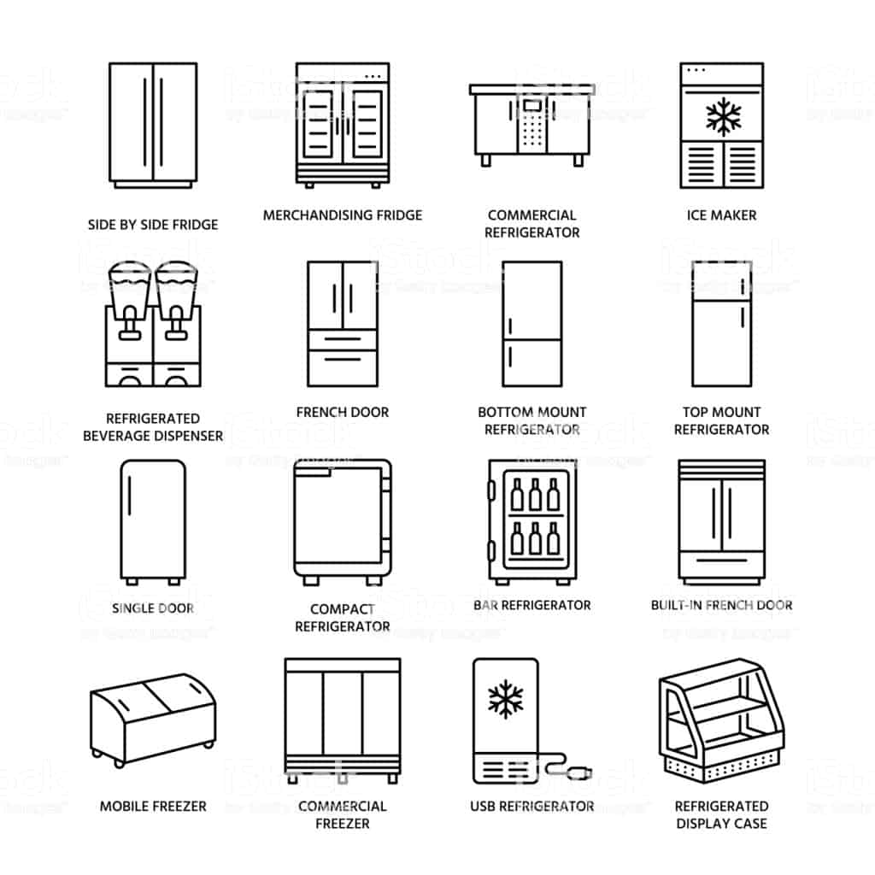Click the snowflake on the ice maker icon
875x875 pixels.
point(723,117)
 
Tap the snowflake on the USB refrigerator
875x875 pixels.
point(506,699)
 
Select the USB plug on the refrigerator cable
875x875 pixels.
point(580,772)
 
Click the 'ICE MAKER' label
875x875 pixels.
point(721,215)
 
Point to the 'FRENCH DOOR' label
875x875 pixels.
point(342,413)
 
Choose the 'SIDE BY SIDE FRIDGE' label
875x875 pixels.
point(153,225)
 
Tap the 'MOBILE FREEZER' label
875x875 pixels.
point(153,807)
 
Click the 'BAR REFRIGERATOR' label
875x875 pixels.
point(531,606)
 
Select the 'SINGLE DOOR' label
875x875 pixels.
point(153,608)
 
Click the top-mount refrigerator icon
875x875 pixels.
point(721,324)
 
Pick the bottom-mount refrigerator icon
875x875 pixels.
point(531,324)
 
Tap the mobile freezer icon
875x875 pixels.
point(153,719)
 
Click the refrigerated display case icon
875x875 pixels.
point(721,719)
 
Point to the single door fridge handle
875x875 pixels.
point(130,496)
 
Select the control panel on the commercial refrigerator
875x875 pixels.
point(531,125)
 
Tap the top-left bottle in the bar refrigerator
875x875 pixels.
point(517,495)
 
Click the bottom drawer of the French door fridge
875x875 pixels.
point(343,367)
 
